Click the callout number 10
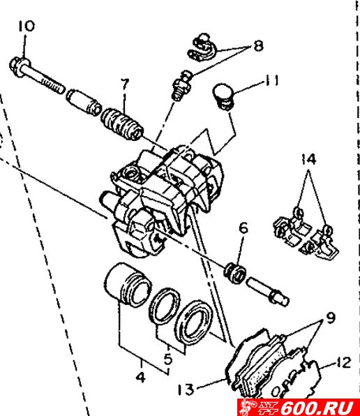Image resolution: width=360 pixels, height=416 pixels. (27, 26)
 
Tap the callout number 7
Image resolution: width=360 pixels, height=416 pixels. (125, 85)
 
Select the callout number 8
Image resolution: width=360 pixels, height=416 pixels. (258, 45)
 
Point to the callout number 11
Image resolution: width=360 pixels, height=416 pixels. (272, 80)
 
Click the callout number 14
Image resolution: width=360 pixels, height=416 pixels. (309, 159)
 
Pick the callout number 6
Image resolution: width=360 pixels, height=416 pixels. (243, 228)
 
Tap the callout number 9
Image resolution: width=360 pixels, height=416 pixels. (331, 318)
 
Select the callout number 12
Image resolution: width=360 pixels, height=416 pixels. (344, 362)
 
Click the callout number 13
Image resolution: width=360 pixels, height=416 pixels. (186, 389)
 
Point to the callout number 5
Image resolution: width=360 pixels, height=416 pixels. (168, 359)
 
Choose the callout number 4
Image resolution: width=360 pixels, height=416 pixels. (140, 377)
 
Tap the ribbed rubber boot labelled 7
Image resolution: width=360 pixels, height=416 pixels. (122, 124)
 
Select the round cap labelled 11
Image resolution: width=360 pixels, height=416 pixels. (223, 96)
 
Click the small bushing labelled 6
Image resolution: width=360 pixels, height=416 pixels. (235, 273)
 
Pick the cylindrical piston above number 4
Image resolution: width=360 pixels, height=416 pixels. (127, 285)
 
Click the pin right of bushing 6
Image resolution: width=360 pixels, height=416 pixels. (267, 291)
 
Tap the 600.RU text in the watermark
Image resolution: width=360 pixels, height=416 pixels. (317, 408)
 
